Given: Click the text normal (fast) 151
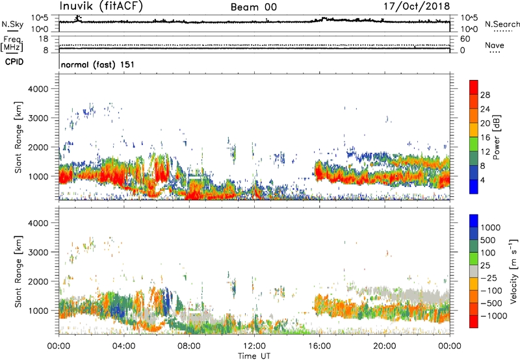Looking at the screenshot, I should point(97,65).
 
